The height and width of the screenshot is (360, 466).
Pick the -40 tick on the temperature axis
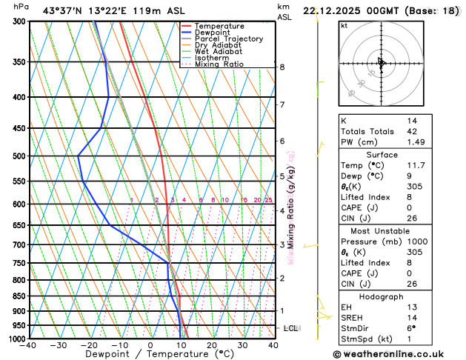pos(29,345)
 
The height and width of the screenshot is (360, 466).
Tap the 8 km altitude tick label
pos(282,67)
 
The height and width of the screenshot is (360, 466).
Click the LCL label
pos(291,327)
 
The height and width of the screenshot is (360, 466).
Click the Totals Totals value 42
pos(412,131)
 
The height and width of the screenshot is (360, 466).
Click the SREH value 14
pos(412,318)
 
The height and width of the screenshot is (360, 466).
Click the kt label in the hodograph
pos(344,25)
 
